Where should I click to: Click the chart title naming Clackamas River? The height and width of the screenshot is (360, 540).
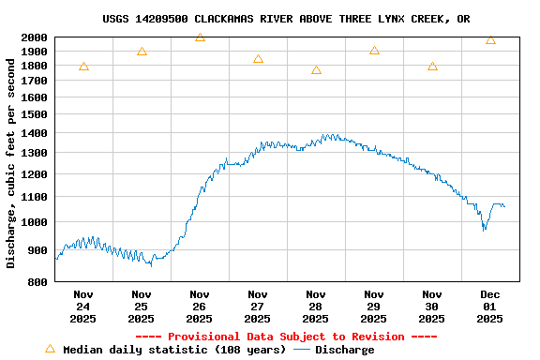pos(286,19)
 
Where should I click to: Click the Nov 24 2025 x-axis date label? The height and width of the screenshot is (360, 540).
pos(83,306)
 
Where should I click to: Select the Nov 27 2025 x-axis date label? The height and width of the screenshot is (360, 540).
pos(258,306)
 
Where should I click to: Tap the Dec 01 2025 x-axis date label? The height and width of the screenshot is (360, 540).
pos(490,306)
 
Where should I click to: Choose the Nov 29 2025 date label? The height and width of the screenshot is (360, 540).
pos(374,306)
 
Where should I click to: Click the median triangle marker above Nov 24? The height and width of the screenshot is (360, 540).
pos(83,67)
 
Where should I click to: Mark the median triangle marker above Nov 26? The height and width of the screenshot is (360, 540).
pos(200,37)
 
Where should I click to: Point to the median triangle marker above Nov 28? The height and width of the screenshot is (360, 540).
pos(316,70)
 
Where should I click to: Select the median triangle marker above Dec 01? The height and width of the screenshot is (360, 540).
pos(490,40)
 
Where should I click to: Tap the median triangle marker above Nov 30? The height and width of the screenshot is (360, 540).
pos(432,67)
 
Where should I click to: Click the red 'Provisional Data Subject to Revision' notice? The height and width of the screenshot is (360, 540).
pos(286,337)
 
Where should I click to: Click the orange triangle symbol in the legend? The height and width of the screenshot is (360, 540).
pos(50,349)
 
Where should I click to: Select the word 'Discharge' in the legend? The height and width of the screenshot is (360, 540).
pos(344,350)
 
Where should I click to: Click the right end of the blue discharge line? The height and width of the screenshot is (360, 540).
pos(504,206)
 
